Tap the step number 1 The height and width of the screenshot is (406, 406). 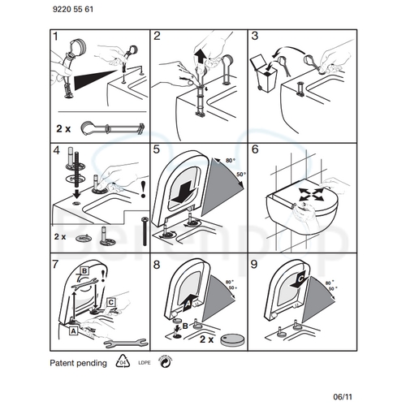pyautogui.click(x=56, y=37)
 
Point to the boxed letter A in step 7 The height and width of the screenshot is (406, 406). pyautogui.click(x=73, y=330)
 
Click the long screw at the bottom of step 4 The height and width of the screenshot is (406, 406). pyautogui.click(x=144, y=235)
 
